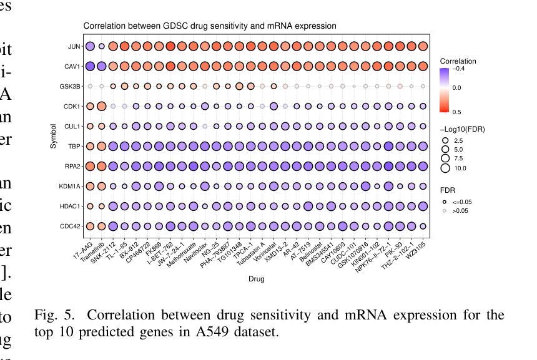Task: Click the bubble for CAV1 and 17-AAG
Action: coord(90,66)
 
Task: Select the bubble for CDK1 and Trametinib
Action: coord(102,106)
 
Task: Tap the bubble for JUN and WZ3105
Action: coord(423,46)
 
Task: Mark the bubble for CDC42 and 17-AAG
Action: coord(90,226)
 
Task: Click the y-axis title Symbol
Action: coord(54,136)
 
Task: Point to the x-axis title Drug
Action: coord(256,279)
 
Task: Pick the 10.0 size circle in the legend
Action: coord(445,168)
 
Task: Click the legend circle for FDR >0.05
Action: coord(445,212)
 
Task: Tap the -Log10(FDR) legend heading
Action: coord(462,129)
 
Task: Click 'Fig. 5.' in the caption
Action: coord(51,315)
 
